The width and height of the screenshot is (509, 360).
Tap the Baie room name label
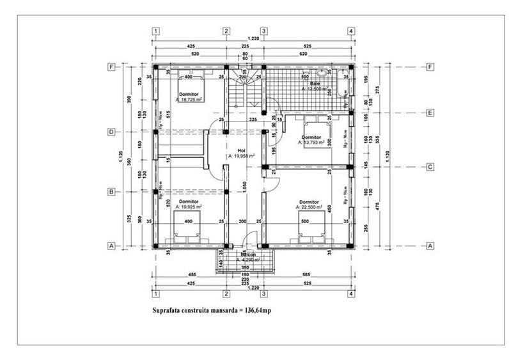315,84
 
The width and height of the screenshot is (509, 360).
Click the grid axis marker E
430,113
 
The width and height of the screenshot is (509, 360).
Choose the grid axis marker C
430,167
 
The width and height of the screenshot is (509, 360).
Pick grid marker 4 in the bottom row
350,293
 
